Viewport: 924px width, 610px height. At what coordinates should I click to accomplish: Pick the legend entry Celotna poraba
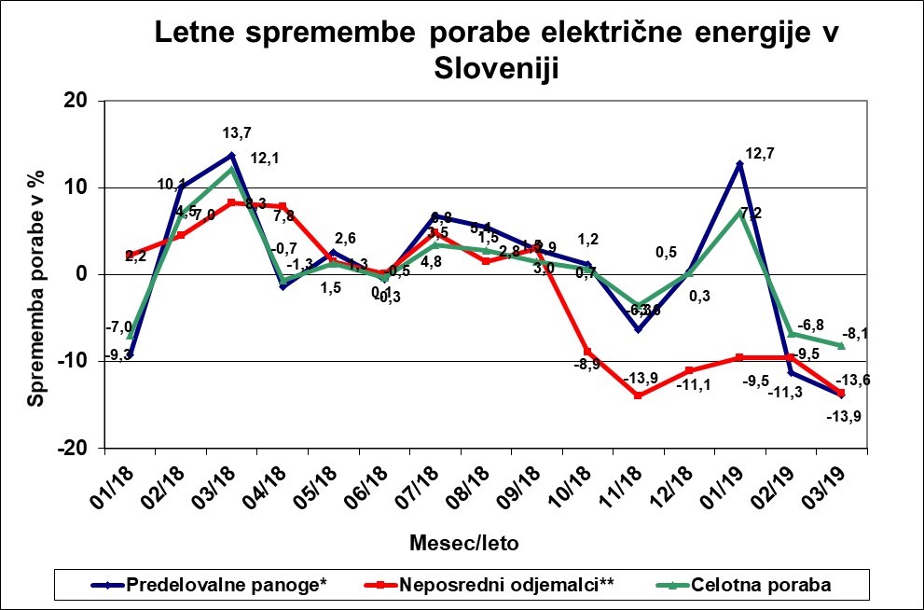click(x=761, y=585)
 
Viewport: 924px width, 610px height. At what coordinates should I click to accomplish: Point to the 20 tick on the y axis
click(x=76, y=101)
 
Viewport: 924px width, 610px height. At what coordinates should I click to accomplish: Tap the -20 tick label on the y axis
click(x=72, y=448)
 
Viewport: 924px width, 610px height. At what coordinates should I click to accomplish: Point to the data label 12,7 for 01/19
click(x=761, y=154)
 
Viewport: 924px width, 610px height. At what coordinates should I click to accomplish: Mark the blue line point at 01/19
click(x=739, y=164)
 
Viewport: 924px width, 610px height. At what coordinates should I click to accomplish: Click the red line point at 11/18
click(x=638, y=395)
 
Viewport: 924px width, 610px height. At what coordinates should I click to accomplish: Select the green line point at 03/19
click(x=841, y=345)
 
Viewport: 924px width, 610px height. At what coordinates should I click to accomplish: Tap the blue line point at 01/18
click(x=130, y=355)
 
